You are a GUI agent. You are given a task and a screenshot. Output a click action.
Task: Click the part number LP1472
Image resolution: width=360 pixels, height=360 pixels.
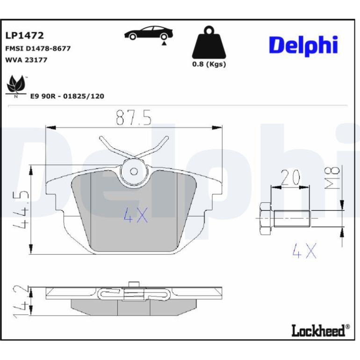(24, 36)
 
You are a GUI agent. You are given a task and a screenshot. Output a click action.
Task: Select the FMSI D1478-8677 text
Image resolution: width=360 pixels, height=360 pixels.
(38, 49)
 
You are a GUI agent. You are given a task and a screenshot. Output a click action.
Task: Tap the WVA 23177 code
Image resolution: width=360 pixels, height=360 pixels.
(26, 60)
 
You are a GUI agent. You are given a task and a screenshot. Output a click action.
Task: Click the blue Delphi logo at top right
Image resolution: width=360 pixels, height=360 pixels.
(303, 46)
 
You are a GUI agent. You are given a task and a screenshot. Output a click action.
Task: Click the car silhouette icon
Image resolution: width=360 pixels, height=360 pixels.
(148, 33)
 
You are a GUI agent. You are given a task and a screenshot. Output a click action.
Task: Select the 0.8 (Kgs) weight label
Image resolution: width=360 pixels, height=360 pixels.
(209, 64)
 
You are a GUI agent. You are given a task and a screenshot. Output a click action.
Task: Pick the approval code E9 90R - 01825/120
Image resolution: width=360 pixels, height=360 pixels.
(67, 96)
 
